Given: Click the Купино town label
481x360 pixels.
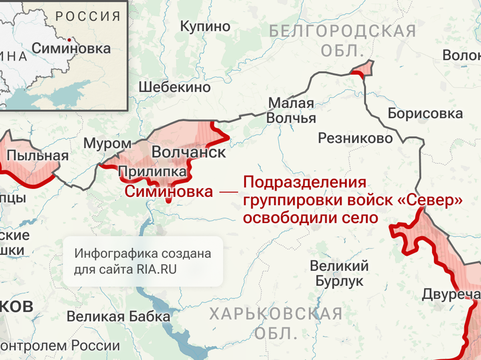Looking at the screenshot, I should (205, 26).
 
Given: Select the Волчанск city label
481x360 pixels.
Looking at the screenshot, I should (189, 152).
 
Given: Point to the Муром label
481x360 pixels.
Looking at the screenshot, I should (107, 144).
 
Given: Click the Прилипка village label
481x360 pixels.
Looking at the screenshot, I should (153, 172).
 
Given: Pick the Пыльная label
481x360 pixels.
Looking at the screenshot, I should (38, 155).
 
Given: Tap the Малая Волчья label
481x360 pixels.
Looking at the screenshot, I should (291, 111).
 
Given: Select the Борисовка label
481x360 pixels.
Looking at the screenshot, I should (425, 113).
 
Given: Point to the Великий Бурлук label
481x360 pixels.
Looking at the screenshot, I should (339, 273).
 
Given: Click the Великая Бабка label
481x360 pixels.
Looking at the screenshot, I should (118, 316).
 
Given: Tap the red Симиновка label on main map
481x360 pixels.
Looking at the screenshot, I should (169, 191).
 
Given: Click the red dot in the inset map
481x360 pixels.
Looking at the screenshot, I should (70, 40).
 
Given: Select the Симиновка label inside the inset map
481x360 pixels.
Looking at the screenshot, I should (71, 49).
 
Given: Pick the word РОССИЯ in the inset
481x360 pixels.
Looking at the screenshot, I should (88, 17).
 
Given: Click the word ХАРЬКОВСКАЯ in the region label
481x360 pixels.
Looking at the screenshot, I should (276, 314).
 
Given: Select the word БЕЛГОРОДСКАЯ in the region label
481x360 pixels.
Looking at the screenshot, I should (343, 31).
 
